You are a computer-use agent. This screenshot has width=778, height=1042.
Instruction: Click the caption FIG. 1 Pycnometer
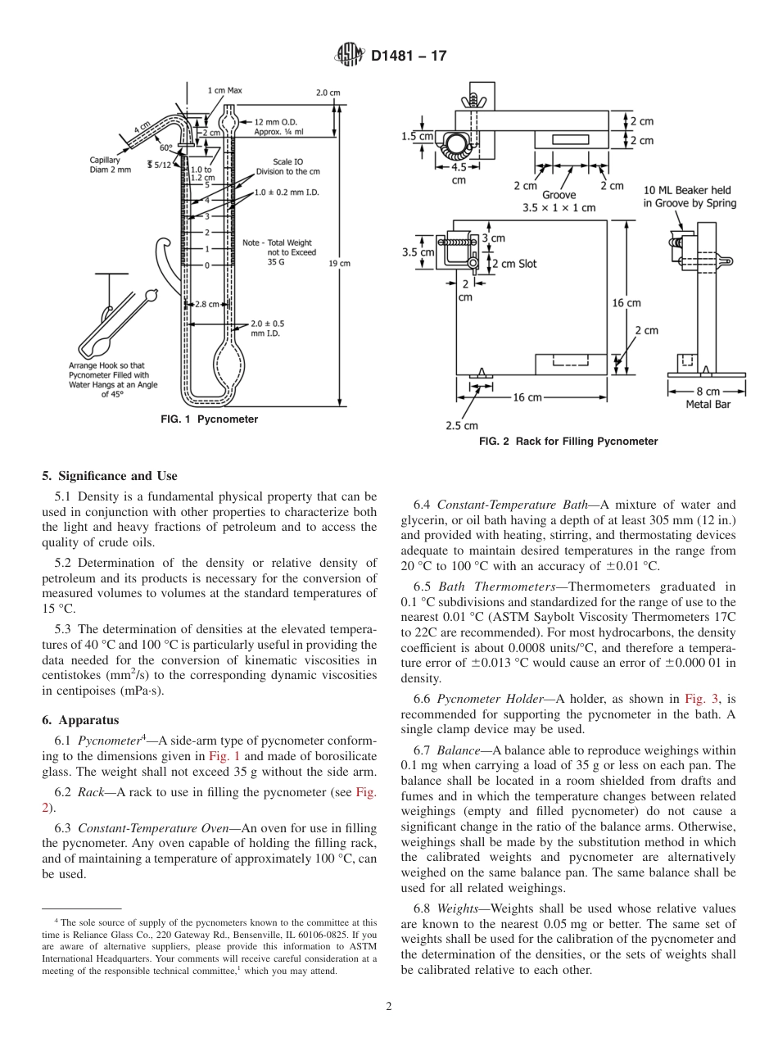[x=209, y=419]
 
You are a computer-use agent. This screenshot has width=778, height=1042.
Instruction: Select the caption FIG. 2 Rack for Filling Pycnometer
[x=568, y=442]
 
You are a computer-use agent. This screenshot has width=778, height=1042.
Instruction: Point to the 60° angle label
[x=166, y=147]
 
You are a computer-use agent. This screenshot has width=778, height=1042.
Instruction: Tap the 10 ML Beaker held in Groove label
[x=690, y=197]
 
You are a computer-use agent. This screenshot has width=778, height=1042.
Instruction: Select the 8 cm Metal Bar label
[x=708, y=397]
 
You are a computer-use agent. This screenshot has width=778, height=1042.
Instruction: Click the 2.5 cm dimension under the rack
[x=461, y=425]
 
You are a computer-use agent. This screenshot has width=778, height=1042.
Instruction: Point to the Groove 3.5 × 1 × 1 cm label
[x=559, y=202]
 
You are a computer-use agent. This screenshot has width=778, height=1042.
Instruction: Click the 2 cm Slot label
[x=513, y=264]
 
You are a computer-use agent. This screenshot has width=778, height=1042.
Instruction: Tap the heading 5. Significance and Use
[x=109, y=476]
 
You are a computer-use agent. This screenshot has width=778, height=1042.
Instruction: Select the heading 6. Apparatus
[x=80, y=720]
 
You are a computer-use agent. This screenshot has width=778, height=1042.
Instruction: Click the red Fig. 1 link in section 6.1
[x=224, y=757]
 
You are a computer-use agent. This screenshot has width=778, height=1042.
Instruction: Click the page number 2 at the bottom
[x=389, y=1007]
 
